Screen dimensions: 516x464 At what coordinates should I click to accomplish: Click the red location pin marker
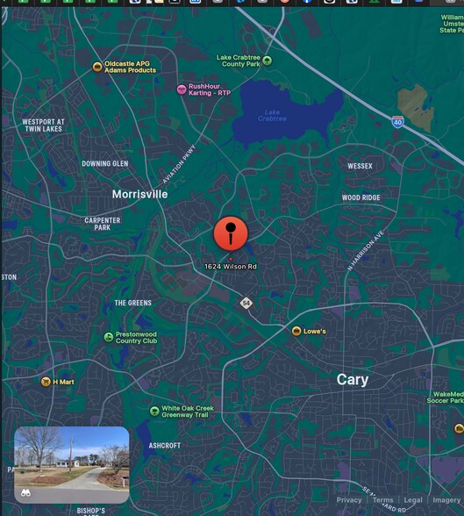[x=231, y=233]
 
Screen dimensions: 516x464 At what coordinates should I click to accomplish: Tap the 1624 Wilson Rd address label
[x=231, y=266]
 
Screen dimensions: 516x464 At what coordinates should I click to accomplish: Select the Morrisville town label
[x=139, y=194]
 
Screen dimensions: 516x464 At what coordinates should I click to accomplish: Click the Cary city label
[x=353, y=379]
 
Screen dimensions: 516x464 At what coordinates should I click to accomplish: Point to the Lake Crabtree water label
[x=272, y=115]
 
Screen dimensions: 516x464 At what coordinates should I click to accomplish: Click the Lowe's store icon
[x=296, y=331]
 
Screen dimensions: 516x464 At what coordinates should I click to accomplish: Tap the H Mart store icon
[x=46, y=382]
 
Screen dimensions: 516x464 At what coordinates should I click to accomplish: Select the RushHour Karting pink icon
[x=182, y=89]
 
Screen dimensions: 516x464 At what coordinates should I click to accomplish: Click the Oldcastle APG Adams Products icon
[x=97, y=67]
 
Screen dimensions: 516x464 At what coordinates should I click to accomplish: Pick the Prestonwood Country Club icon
[x=108, y=336]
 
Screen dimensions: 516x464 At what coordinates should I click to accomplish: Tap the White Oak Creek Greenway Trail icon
[x=154, y=411]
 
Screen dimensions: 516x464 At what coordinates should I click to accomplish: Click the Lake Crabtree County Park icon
[x=268, y=61]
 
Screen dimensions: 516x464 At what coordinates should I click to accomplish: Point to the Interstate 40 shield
[x=397, y=123]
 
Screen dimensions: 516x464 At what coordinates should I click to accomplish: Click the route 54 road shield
[x=247, y=303]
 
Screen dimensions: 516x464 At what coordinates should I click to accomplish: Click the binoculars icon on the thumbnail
[x=26, y=493]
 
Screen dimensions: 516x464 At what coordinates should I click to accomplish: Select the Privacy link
[x=349, y=500]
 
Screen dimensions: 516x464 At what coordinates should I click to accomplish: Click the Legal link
[x=413, y=500]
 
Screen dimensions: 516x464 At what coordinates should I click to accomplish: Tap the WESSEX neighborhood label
[x=360, y=166]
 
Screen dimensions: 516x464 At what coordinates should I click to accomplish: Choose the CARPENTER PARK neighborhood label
[x=103, y=224]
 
